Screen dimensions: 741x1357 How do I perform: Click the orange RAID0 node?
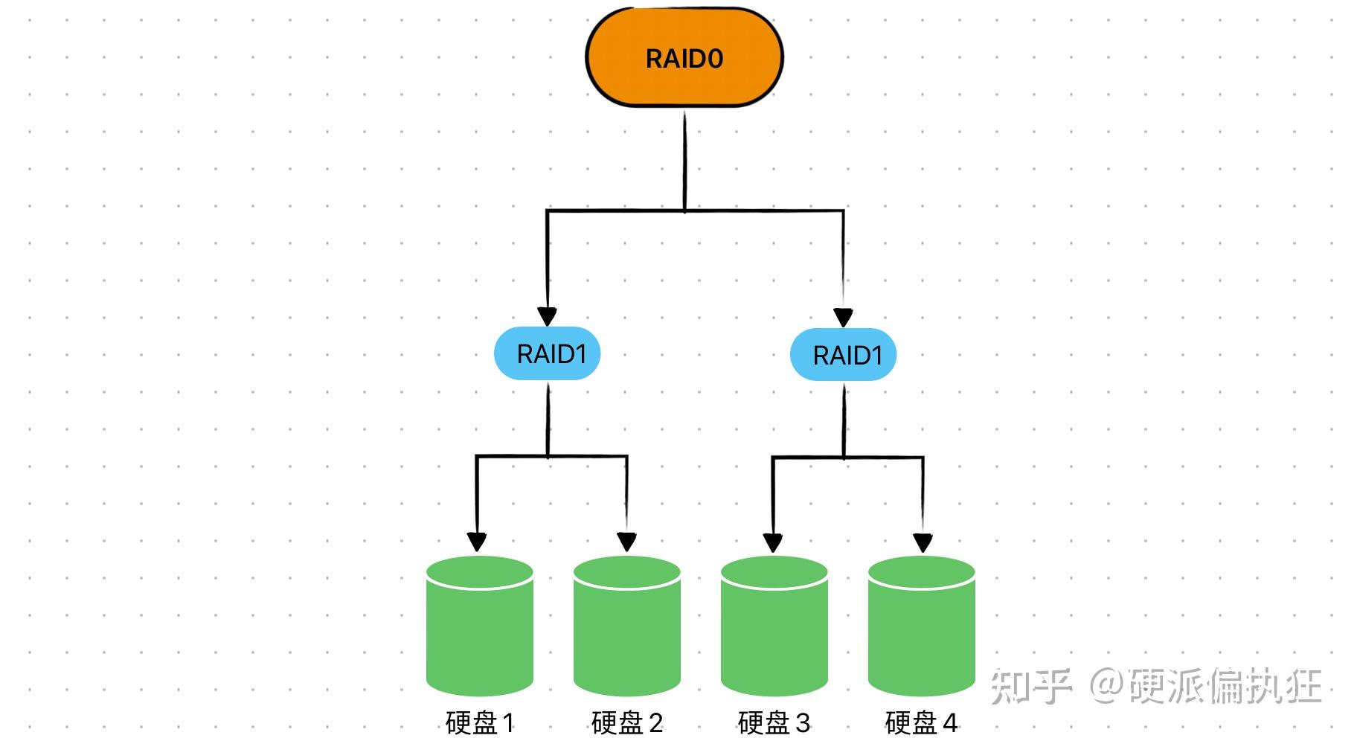tap(684, 58)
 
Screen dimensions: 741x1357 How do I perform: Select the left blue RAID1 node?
tap(548, 353)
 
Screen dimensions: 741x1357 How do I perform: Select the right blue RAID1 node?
tap(843, 355)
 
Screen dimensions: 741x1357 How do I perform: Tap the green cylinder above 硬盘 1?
tap(480, 629)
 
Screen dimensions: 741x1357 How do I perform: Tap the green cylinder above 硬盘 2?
tap(627, 629)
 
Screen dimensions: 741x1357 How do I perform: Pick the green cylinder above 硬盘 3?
tap(774, 629)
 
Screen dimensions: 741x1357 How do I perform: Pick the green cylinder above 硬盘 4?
tap(921, 629)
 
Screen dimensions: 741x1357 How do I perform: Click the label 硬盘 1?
tap(480, 722)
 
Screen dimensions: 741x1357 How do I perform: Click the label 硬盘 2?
tap(626, 722)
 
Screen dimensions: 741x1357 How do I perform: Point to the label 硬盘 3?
tap(774, 722)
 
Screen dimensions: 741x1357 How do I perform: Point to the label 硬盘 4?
tap(921, 722)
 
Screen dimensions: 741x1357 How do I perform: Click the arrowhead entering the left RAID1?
tap(548, 316)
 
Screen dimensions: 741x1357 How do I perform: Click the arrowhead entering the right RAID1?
tap(843, 318)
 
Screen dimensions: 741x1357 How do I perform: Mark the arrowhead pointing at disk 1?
tap(477, 542)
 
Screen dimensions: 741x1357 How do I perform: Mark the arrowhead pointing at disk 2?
tap(627, 542)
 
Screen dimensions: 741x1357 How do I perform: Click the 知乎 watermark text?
tap(1030, 686)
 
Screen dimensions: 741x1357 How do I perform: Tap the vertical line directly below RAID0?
tap(684, 160)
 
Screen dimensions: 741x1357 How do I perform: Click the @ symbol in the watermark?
tap(1106, 686)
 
